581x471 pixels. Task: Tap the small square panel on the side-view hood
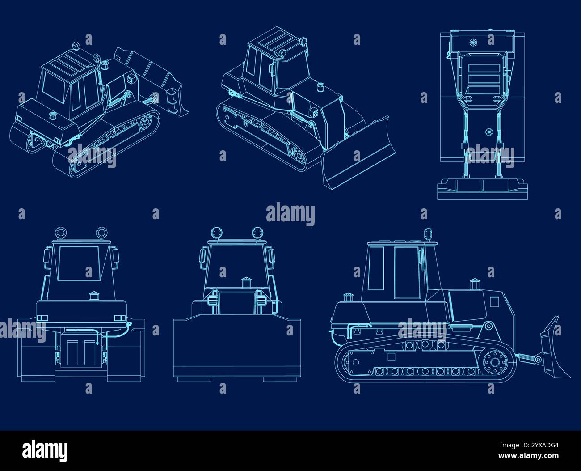coord(494,301)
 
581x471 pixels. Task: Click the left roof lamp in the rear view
coord(60,233)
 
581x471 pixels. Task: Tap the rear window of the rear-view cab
coord(78,263)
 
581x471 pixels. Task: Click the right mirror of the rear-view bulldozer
coord(116,259)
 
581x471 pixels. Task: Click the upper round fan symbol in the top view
coord(473,42)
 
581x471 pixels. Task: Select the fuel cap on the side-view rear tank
coord(348,297)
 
